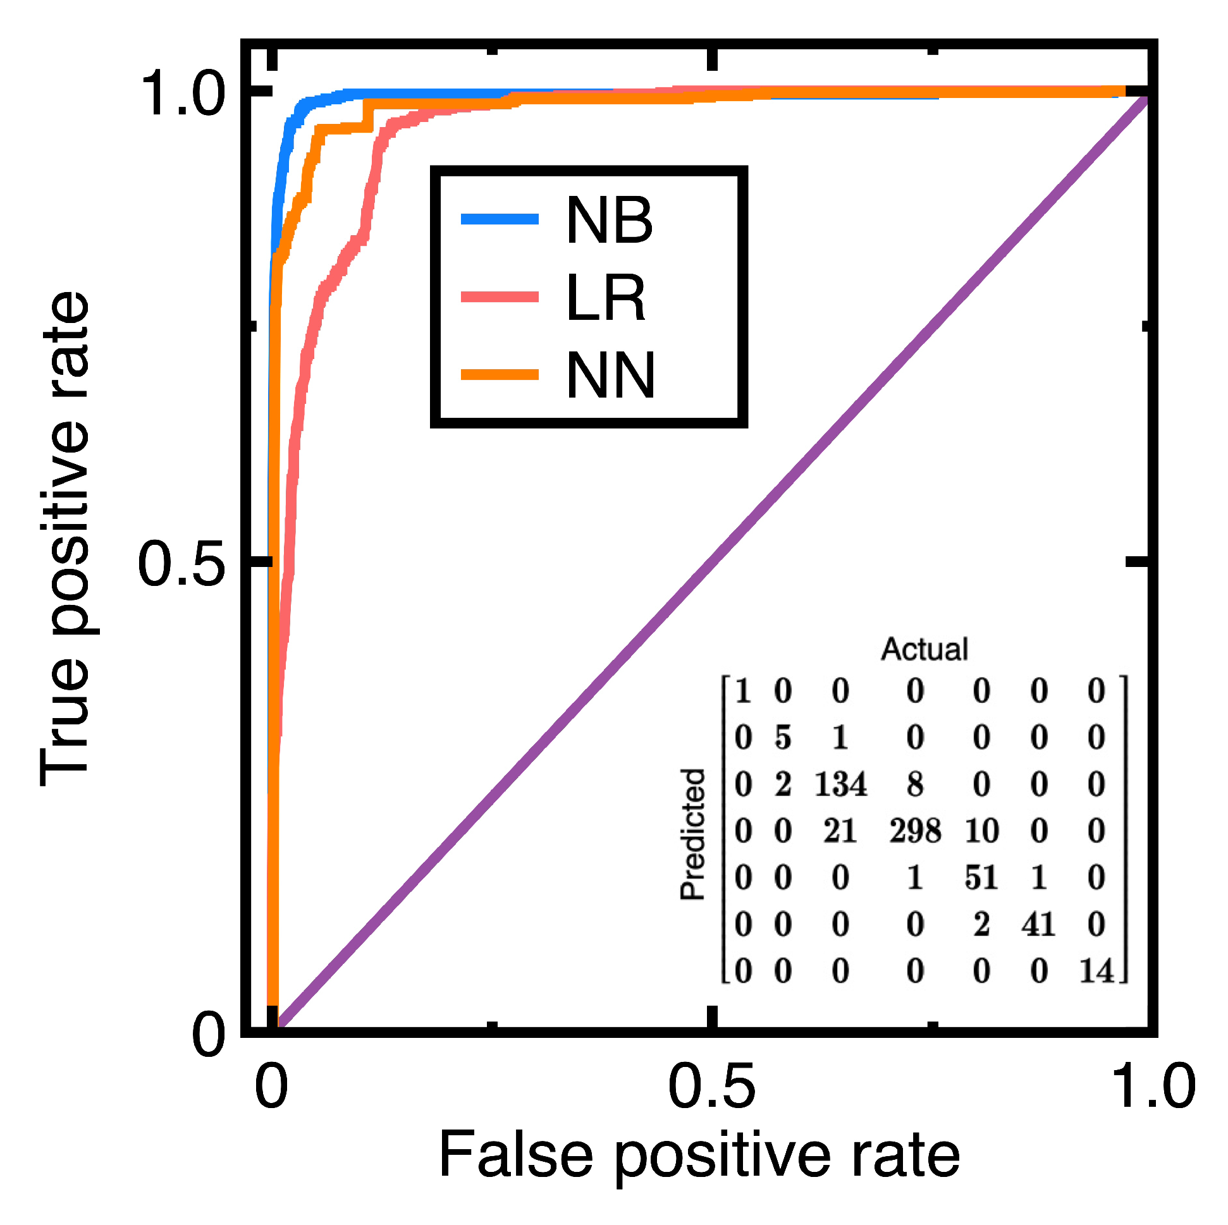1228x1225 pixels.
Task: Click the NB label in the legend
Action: tap(609, 221)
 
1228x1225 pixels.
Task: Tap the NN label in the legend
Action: tap(610, 375)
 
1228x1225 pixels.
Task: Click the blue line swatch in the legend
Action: tap(500, 220)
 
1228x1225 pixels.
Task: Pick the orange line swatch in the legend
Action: tap(500, 375)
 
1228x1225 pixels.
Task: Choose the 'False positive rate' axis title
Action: tap(699, 1154)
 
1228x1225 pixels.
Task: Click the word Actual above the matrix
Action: tap(924, 649)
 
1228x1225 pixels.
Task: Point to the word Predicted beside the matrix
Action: tap(693, 834)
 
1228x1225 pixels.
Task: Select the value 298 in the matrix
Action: tap(914, 831)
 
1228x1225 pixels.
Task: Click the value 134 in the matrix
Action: tap(840, 784)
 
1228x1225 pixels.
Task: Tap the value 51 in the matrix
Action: tap(981, 877)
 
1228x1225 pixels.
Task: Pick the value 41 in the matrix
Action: tap(1038, 925)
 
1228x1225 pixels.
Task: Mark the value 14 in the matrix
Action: tap(1096, 971)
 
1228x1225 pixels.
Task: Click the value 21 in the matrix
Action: tap(840, 831)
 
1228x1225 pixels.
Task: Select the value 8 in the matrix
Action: tap(914, 784)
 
